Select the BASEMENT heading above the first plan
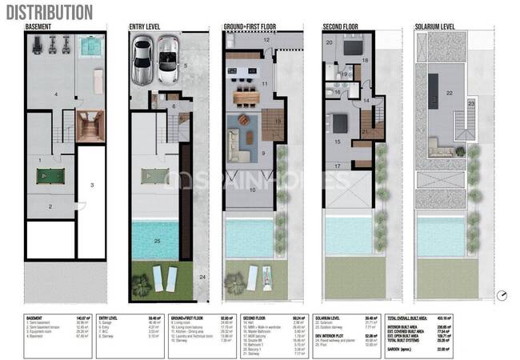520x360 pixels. (x=40, y=26)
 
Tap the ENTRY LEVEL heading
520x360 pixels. (x=145, y=26)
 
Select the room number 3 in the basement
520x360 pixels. (x=93, y=185)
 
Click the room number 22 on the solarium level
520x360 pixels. (x=450, y=94)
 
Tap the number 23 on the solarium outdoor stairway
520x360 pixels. (x=471, y=103)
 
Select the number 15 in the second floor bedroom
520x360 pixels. (x=337, y=142)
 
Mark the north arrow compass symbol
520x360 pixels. (x=501, y=294)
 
